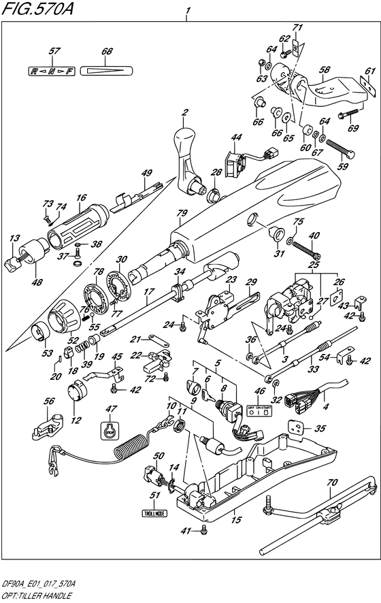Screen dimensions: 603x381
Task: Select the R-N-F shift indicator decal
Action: click(x=50, y=70)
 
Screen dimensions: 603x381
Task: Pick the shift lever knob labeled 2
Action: click(x=188, y=157)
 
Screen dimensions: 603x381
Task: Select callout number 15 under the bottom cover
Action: click(x=235, y=519)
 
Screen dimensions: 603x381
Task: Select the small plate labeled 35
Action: click(x=295, y=428)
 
